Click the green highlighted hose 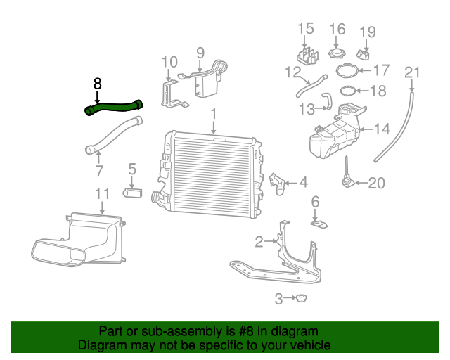point(114,108)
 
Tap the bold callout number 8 point(98,84)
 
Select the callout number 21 point(412,72)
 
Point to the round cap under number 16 point(337,53)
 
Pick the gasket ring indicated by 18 point(348,91)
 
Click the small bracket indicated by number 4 point(277,184)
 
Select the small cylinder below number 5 point(132,193)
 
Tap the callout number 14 point(382,129)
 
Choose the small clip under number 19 point(364,55)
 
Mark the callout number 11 point(102,194)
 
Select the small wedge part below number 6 point(319,224)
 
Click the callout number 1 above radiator point(214,114)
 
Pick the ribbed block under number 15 point(308,56)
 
